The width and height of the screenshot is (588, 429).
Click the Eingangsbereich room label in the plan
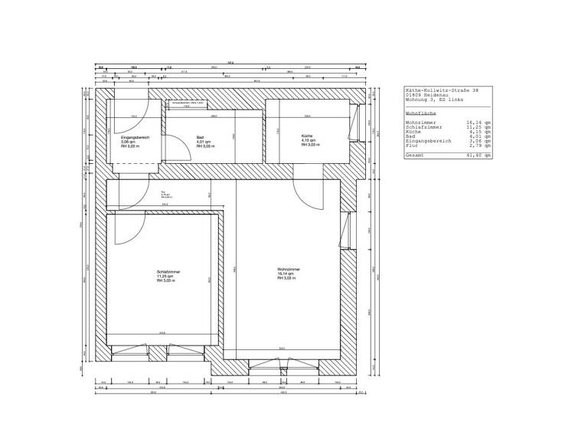(135, 137)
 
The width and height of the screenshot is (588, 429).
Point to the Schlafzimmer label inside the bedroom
(168, 271)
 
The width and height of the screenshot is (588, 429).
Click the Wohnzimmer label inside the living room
(289, 269)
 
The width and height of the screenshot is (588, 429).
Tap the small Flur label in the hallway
(163, 192)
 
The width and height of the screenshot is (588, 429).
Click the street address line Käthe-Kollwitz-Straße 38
(442, 90)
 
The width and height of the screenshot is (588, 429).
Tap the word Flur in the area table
(412, 145)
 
